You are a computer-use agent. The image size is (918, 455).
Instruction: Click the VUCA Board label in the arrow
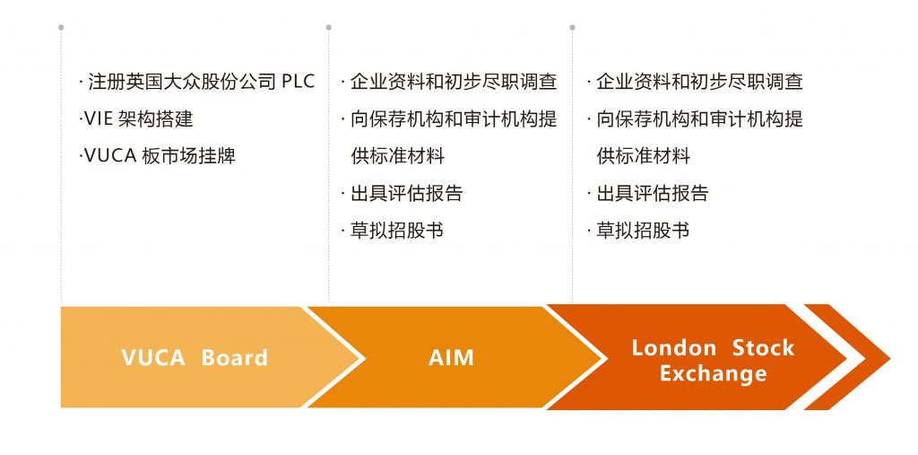pos(195,357)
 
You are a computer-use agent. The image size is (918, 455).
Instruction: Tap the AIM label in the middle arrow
pos(451,357)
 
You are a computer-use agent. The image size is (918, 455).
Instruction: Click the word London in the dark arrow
pos(673,347)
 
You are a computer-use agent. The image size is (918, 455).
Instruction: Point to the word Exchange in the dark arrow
pos(713,372)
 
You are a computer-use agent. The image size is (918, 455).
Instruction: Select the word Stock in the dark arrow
pos(763,347)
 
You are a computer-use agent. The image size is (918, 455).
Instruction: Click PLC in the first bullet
pos(299,82)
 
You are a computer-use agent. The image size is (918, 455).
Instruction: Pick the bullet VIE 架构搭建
pos(136,118)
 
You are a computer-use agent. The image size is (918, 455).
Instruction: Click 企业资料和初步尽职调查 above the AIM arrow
pos(453,82)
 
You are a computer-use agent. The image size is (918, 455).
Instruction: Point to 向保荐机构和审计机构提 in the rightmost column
pos(699,118)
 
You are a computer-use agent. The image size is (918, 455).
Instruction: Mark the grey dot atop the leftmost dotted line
pos(61,27)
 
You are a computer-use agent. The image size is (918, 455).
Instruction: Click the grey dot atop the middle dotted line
pos(329,27)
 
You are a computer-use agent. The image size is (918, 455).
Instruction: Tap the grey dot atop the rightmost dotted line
pos(572,27)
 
